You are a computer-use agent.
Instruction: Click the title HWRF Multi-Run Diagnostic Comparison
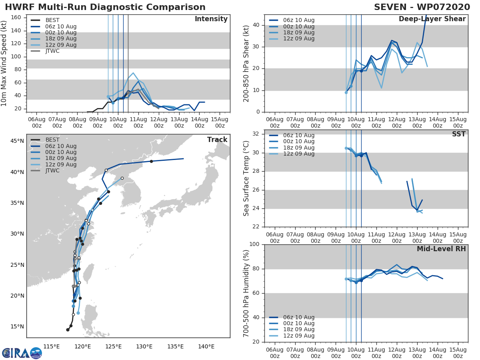click(x=105, y=7)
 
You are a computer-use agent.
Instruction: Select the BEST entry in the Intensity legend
click(x=52, y=20)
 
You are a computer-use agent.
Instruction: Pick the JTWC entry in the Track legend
click(x=52, y=171)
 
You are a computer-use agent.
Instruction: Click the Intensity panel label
click(x=211, y=19)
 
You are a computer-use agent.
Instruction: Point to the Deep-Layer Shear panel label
click(x=432, y=19)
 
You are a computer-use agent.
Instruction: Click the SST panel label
click(x=458, y=134)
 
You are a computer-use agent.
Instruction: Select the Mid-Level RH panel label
click(x=441, y=249)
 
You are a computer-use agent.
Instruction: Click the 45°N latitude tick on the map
click(x=17, y=141)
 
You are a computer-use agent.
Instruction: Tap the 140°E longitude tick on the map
click(x=206, y=346)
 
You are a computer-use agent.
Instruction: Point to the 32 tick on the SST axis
click(x=256, y=134)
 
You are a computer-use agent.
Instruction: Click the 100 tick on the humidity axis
click(x=254, y=244)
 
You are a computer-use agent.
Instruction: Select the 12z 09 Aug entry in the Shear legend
click(x=298, y=39)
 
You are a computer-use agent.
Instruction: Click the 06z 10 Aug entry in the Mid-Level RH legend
click(x=298, y=317)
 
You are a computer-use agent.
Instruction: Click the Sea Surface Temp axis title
click(x=246, y=179)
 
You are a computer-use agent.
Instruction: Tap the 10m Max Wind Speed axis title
click(x=4, y=63)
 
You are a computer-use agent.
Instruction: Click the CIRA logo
click(x=22, y=353)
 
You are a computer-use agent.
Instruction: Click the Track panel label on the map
click(x=217, y=140)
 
